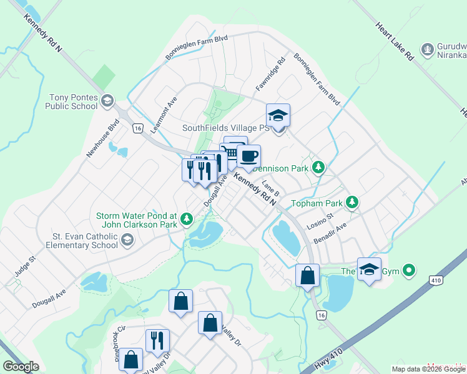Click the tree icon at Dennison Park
tap(319, 167)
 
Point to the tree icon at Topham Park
tap(353, 203)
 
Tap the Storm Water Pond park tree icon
tap(186, 219)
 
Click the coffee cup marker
tap(248, 156)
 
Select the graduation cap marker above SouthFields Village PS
tap(278, 115)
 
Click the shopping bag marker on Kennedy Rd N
tap(307, 276)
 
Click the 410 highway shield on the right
tap(436, 280)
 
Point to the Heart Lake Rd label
tap(395, 42)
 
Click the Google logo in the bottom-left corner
tap(21, 366)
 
